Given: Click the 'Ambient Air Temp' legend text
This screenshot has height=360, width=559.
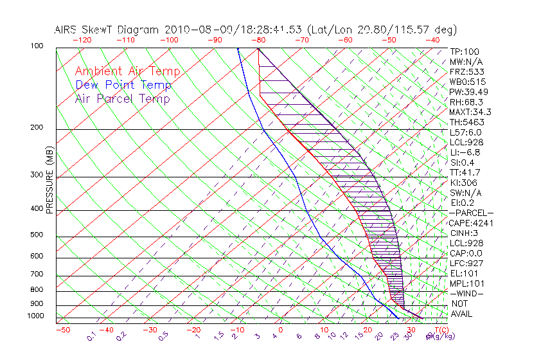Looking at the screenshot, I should (127, 71).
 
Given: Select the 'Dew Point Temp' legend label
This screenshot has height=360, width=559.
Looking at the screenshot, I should (123, 85).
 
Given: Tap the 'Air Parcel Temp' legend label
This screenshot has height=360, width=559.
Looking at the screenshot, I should (122, 98).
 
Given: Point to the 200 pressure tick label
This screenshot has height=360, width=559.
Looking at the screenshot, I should (36, 127).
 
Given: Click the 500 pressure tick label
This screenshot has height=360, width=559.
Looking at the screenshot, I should (36, 235).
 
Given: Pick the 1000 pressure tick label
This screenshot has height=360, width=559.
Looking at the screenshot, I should (34, 316).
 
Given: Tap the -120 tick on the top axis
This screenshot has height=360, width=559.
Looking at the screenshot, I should (81, 39).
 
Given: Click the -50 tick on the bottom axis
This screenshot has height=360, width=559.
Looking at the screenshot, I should (62, 330).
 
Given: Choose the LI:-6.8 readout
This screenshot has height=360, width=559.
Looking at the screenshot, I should (466, 152).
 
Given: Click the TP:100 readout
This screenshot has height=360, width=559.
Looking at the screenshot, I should (465, 51).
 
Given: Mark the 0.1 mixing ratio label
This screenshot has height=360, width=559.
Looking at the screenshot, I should (91, 335).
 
